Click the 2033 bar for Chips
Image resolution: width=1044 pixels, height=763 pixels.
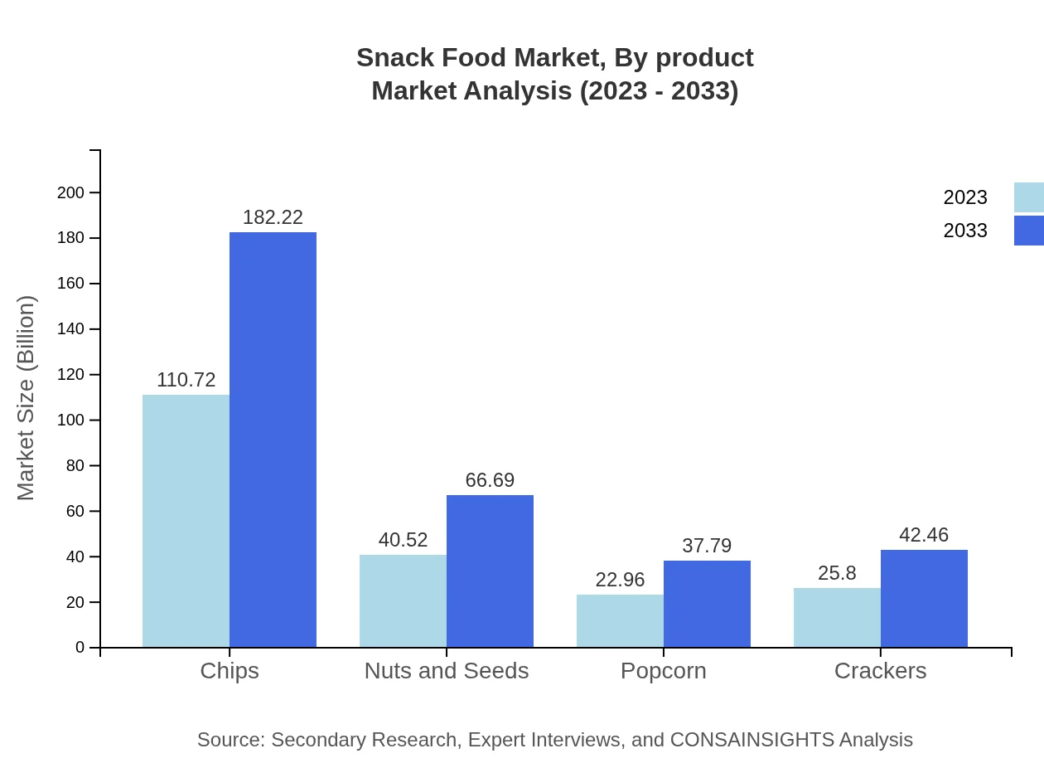coord(273,440)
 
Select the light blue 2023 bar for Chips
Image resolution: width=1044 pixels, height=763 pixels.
coord(186,521)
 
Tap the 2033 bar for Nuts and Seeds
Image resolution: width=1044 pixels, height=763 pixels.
coord(490,571)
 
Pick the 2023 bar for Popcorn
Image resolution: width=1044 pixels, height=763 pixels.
coord(620,620)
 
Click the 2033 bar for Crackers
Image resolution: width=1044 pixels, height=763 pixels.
coord(924,598)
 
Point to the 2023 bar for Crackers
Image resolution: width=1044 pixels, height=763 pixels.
coord(837,617)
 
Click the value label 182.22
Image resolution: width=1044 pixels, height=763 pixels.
coord(273,217)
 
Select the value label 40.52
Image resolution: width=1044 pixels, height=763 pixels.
coord(403,540)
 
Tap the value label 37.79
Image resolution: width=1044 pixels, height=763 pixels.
coord(707,546)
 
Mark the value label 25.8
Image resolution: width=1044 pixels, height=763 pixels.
coord(837,573)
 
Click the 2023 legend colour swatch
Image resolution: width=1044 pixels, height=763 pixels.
coord(1028,197)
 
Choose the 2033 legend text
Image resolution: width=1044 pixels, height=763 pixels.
coord(965,231)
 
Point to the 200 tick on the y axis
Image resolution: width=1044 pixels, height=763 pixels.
coord(70,192)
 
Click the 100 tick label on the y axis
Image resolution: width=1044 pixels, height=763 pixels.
coord(70,420)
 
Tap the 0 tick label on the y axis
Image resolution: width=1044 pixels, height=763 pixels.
coord(80,648)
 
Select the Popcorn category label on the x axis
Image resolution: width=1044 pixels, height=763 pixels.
coord(663,671)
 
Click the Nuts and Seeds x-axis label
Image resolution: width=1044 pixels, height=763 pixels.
coord(447,671)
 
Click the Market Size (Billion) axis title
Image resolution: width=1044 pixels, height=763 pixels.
coord(27,398)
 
